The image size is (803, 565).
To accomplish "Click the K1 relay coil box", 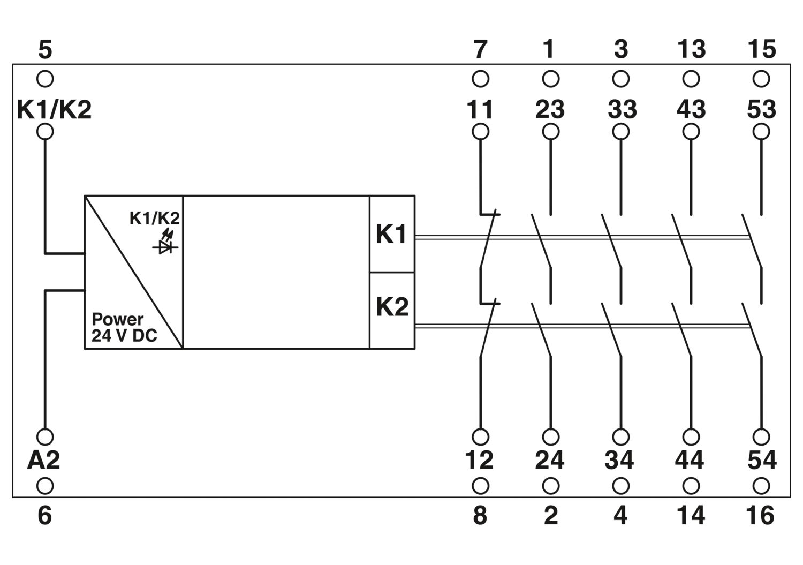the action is pos(392,234).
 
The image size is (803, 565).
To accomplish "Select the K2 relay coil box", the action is pos(392,310).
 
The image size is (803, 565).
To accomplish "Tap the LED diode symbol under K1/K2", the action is pos(165,242).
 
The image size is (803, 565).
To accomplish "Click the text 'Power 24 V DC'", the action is pos(124,327).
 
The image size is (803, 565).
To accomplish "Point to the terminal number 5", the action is pos(45,49).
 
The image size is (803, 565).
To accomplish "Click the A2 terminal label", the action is pos(43,460).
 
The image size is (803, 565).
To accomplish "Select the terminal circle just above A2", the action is pos(45,436).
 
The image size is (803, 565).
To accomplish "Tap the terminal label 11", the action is pos(480,109).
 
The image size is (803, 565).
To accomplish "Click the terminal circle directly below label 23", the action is pos(551,132).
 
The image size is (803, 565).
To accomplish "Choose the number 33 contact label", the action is pos(622,109).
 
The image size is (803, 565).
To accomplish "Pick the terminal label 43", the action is pos(691,109).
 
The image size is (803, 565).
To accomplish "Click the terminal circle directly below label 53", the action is pos(761,132).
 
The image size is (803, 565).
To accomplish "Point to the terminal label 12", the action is pos(479,460).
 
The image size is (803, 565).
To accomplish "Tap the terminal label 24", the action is pos(550,460).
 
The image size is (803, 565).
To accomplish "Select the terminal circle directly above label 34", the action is pos(621,436).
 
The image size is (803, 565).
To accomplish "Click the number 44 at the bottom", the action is pos(690,460).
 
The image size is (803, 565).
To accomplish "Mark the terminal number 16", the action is pos(760,516).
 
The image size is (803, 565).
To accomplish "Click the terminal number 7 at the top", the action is pos(480,49).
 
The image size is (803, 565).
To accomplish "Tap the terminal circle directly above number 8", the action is pos(480,486).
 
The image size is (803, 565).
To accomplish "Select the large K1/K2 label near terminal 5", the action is pos(54,109).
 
